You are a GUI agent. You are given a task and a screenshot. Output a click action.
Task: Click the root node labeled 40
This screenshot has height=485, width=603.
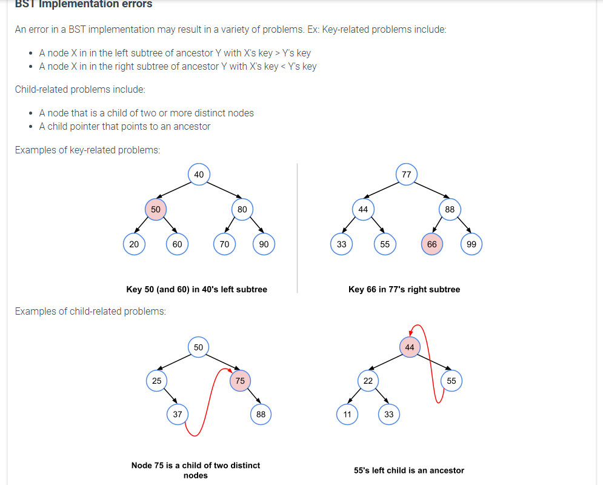(199, 175)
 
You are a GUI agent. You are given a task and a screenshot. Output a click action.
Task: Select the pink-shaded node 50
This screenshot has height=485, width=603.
(156, 209)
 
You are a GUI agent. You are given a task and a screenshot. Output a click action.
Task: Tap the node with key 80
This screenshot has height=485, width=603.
(242, 209)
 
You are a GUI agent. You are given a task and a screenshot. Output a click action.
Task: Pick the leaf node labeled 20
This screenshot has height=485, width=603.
(134, 244)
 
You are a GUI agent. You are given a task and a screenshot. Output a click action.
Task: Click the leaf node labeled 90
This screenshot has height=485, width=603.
(264, 244)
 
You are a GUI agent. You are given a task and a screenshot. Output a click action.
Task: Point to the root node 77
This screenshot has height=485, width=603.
(406, 175)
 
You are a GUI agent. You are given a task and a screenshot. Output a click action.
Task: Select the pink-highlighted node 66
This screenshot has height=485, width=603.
(431, 244)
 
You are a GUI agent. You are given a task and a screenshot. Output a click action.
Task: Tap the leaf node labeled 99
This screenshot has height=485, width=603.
(471, 244)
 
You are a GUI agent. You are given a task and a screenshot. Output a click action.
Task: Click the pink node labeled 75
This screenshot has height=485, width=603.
(240, 381)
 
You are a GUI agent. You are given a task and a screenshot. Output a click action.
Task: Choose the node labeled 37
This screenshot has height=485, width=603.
(177, 415)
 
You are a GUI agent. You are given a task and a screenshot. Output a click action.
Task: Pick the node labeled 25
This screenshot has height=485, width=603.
(156, 381)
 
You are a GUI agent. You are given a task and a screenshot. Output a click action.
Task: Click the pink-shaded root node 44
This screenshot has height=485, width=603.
(410, 347)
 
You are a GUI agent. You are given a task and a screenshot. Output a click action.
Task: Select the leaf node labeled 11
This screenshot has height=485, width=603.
(347, 415)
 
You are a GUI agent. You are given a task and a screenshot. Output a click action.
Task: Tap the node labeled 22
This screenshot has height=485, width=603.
(368, 381)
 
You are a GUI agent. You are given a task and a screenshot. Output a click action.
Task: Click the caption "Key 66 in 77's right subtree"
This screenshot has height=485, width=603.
(404, 290)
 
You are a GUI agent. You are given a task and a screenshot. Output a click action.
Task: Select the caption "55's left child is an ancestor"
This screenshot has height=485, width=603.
(409, 470)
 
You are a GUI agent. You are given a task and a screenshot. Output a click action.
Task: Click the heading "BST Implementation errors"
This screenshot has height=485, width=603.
(84, 4)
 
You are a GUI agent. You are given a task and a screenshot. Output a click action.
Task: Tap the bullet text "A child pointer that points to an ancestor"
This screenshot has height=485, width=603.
(125, 127)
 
